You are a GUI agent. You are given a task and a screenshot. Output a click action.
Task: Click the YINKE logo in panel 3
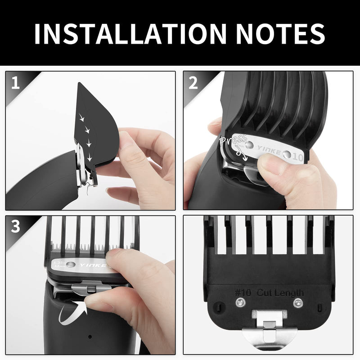coord(93,265)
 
